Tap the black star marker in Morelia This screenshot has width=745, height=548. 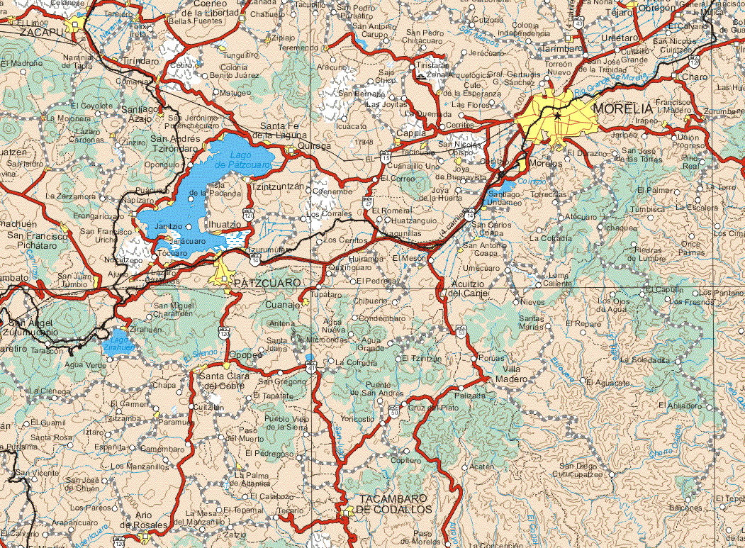[559, 116]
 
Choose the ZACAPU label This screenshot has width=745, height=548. [40, 32]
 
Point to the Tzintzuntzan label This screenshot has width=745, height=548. [278, 186]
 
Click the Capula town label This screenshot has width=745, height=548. [410, 133]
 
